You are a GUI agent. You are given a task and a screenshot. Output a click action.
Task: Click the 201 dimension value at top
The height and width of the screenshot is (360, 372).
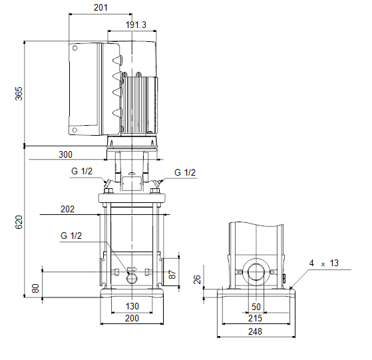(100, 7)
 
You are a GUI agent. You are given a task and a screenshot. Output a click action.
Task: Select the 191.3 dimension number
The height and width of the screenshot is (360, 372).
(136, 25)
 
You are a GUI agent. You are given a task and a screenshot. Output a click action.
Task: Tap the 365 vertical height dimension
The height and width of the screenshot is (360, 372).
(19, 94)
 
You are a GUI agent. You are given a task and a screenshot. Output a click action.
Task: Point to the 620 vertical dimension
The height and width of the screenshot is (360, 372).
(19, 222)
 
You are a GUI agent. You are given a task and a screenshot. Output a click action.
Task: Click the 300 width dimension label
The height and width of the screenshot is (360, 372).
(65, 154)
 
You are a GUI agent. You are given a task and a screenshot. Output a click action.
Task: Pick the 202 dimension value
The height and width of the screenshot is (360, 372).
(67, 209)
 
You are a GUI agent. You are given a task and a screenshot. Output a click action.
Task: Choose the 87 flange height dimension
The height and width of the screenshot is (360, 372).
(173, 274)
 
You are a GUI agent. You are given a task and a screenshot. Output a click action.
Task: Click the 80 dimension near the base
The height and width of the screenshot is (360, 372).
(35, 288)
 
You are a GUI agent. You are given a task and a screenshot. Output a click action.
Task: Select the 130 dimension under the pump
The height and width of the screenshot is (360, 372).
(132, 306)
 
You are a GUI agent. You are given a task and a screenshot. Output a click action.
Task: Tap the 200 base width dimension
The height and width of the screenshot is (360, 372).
(132, 318)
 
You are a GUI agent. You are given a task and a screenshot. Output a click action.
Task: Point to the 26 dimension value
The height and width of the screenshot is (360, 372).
(197, 279)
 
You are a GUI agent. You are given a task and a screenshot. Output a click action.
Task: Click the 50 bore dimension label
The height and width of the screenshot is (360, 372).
(256, 307)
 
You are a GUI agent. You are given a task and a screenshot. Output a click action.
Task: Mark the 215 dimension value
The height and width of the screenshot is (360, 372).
(255, 318)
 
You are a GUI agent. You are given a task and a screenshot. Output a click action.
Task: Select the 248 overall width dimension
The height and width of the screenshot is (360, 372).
(255, 331)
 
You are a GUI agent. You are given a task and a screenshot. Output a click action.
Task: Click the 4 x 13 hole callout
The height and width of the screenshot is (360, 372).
(324, 264)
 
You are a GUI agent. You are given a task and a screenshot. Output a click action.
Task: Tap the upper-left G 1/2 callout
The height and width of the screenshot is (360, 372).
(82, 171)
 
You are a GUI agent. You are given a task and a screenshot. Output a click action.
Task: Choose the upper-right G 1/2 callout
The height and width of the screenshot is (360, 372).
(185, 172)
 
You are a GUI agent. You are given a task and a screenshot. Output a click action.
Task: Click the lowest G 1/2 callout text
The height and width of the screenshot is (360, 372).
(71, 236)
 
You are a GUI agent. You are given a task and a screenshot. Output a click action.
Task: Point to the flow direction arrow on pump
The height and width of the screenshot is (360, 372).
(132, 269)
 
